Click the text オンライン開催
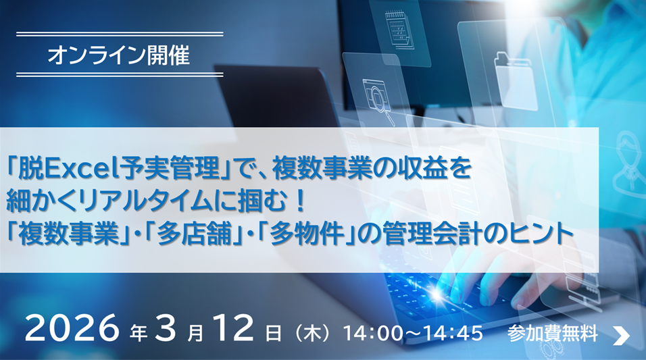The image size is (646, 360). click(x=119, y=55)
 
